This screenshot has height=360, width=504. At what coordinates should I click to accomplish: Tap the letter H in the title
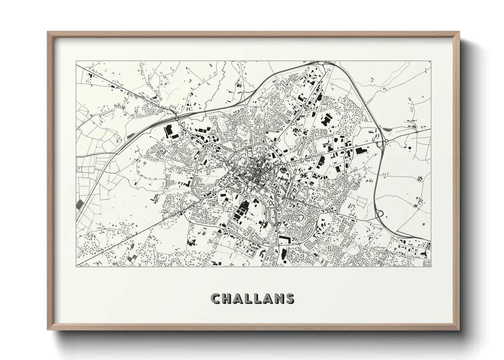coord(227,298)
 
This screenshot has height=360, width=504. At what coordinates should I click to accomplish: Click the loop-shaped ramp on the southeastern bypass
coord(380,214)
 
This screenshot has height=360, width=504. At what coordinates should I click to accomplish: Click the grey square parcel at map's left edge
coord(80,204)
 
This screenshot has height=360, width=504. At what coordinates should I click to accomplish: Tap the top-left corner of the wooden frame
coord(48,32)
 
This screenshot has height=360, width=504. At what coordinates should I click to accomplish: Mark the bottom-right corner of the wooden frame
coord(459,330)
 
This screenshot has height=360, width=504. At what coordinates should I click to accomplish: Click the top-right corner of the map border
coord(431,62)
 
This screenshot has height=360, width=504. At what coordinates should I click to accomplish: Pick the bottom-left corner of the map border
coord(76,266)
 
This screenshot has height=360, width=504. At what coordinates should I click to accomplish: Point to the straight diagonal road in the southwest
coord(136,235)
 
